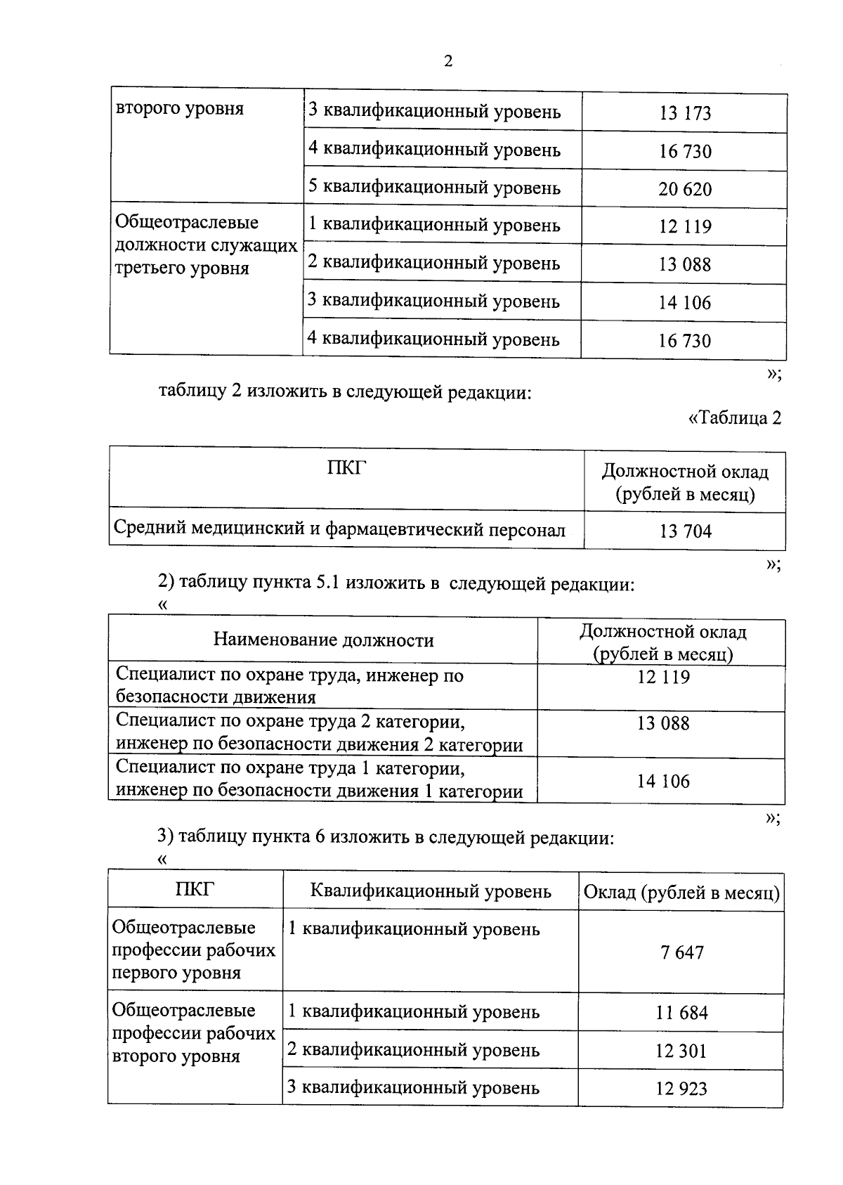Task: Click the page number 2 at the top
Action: (448, 61)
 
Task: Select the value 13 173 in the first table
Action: (685, 113)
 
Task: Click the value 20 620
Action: (685, 189)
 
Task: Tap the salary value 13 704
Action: (685, 531)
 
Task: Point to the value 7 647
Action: (681, 953)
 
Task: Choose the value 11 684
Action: (681, 1013)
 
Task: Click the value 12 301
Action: (681, 1051)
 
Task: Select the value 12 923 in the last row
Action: (681, 1089)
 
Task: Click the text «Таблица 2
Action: (734, 418)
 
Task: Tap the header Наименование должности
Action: (323, 640)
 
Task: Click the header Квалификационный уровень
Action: (431, 891)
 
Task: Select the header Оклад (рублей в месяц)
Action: (681, 892)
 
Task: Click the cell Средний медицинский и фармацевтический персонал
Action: (339, 529)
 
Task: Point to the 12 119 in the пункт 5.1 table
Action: (663, 678)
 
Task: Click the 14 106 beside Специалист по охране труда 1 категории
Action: (663, 781)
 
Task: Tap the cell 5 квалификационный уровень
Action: (434, 188)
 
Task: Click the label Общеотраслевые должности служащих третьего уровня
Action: (205, 245)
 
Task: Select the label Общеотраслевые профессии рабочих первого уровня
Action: (194, 950)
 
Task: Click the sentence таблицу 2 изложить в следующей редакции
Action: (345, 391)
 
